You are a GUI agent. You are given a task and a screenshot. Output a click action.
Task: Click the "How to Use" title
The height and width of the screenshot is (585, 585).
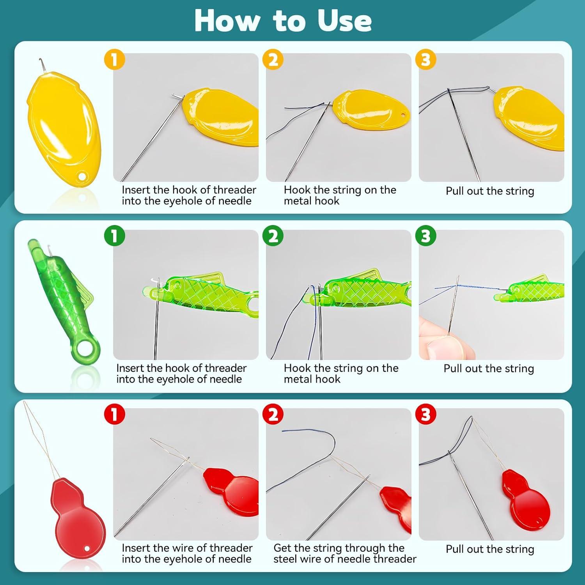283,20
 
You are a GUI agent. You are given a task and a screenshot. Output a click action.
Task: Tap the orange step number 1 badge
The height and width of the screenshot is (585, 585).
114,60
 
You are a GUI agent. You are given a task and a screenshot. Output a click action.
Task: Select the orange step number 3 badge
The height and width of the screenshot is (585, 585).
425,60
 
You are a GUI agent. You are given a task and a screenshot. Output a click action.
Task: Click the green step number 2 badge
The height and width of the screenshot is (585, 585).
273,236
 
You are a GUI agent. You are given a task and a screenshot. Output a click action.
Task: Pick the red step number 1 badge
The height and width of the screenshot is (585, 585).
114,414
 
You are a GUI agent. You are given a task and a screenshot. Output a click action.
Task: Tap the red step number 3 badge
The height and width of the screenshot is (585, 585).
425,414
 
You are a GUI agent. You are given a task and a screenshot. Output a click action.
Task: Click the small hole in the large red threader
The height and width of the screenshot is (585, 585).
87,549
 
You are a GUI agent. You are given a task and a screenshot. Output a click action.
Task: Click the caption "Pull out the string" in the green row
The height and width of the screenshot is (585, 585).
489,369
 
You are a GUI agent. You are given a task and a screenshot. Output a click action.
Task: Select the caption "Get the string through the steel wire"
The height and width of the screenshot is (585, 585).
345,553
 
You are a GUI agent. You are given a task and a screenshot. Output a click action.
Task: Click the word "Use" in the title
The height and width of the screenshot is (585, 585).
344,21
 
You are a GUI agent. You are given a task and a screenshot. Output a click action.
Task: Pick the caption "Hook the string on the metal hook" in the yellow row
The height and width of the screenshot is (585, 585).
340,195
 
